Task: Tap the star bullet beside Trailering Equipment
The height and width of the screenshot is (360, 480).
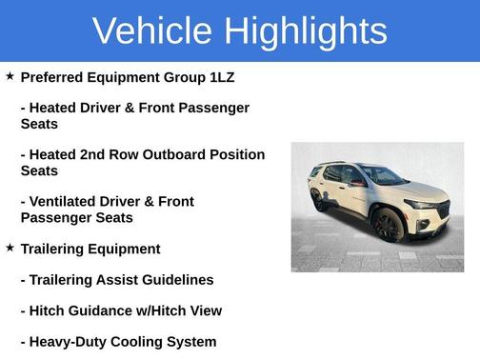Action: point(10,248)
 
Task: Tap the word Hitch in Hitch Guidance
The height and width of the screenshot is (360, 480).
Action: point(49,310)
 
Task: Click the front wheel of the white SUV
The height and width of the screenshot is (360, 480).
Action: point(389,226)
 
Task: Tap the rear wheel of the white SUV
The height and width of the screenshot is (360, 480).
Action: point(318,201)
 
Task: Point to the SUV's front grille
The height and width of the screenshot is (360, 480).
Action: point(442,209)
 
